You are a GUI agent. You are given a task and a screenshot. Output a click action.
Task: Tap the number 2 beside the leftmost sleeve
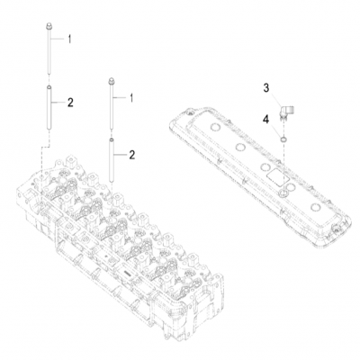[69, 104]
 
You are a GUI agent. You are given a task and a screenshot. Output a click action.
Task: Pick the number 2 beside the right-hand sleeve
[132, 155]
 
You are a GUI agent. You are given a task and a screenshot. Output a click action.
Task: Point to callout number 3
[266, 87]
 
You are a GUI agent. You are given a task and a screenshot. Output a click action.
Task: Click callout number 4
[266, 117]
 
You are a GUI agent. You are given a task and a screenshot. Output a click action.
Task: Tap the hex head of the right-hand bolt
[109, 84]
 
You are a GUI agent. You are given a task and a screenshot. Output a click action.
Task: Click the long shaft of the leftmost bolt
[46, 58]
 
